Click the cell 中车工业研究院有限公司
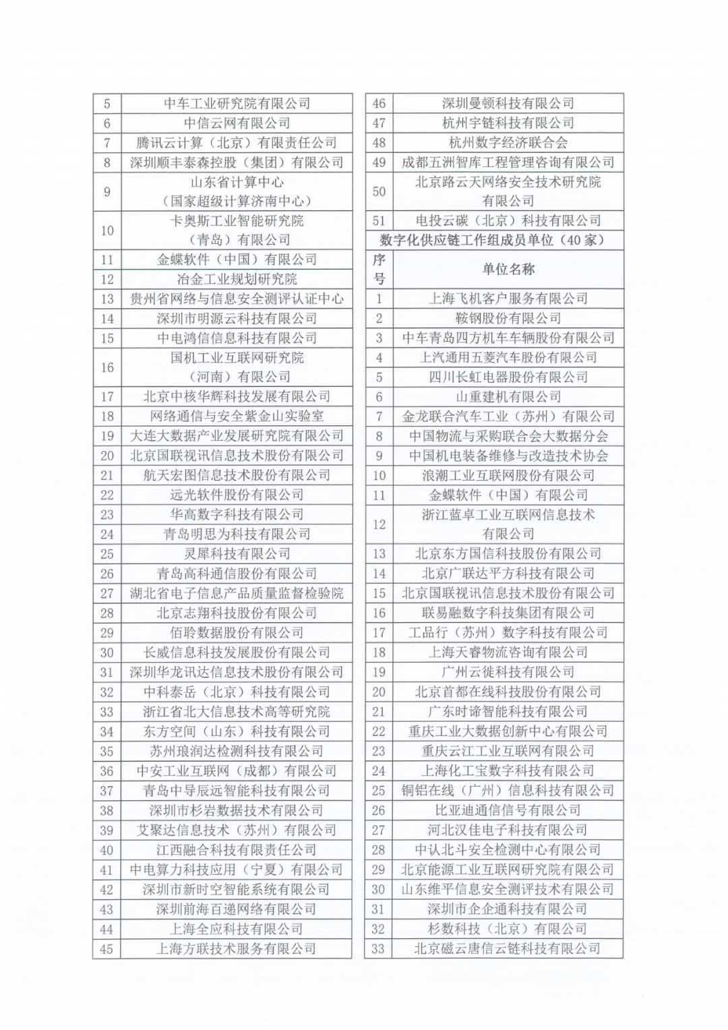click(237, 103)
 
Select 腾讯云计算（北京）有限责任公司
click(237, 143)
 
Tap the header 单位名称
click(508, 269)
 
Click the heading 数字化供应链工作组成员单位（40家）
click(493, 240)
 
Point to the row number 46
click(379, 103)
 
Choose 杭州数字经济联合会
click(508, 143)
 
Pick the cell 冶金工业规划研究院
click(237, 279)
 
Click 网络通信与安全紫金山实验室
click(237, 416)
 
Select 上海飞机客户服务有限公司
click(508, 299)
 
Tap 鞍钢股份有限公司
click(508, 318)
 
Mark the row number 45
click(107, 949)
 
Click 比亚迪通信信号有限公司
click(508, 810)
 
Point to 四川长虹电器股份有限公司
click(508, 377)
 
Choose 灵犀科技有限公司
click(237, 554)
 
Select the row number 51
click(379, 220)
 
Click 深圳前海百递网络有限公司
click(237, 909)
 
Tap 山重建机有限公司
click(508, 397)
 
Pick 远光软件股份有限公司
click(237, 495)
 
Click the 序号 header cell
click(379, 269)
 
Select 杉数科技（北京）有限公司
click(508, 929)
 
